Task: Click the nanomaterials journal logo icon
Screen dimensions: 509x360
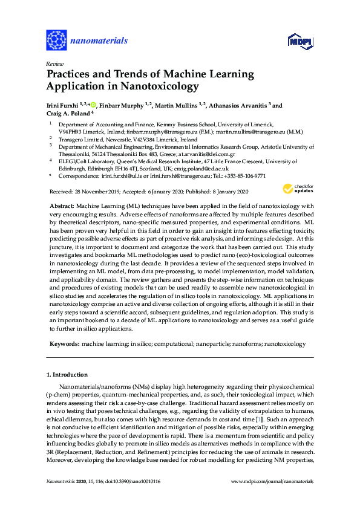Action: click(x=56, y=40)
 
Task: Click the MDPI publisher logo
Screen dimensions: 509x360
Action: click(x=300, y=41)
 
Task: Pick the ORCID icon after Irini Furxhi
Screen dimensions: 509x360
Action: click(x=93, y=105)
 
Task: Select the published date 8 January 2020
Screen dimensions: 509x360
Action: click(x=221, y=192)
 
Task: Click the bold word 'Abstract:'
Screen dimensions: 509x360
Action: click(x=62, y=206)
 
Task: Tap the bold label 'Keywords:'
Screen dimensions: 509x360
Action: click(x=64, y=343)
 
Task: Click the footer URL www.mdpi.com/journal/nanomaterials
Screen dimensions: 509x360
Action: click(x=272, y=482)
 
